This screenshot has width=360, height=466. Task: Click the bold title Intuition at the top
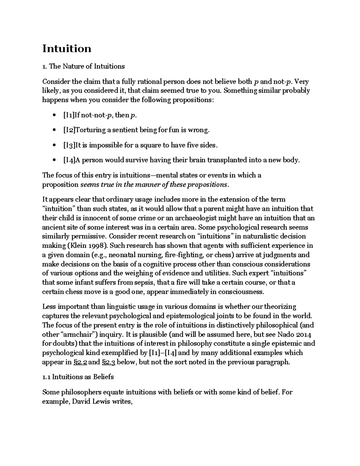point(67,49)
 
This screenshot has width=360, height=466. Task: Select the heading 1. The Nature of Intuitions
point(83,66)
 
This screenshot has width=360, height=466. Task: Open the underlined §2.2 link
point(80,362)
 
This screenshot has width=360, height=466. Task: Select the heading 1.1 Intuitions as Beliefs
point(78,377)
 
